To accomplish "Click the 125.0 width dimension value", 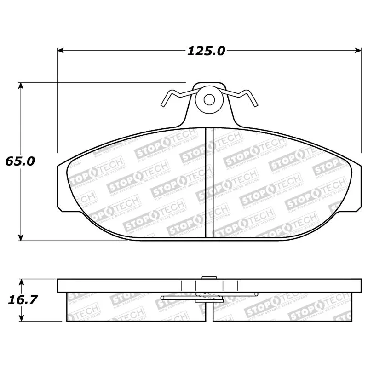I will [x=206, y=51].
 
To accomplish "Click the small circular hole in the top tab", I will [x=209, y=99].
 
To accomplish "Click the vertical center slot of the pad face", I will [x=209, y=182].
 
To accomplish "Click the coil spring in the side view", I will [x=209, y=296].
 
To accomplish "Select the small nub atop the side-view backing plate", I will [x=209, y=277].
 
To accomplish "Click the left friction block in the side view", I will [x=133, y=307].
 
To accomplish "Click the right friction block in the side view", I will [x=285, y=307].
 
